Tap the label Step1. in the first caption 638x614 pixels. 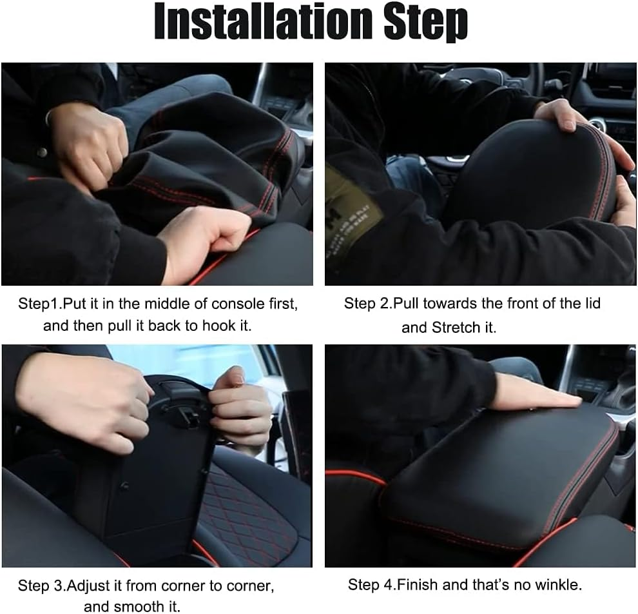coord(39,304)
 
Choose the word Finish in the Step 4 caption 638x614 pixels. coord(418,585)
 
